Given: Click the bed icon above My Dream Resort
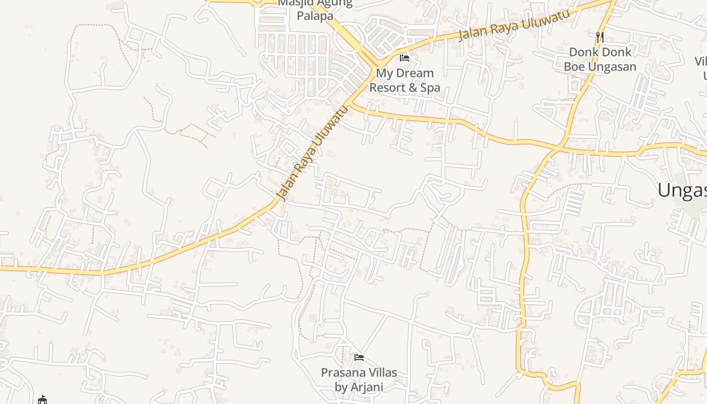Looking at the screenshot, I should click(x=405, y=58).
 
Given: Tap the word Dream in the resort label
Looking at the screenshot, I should click(x=415, y=73).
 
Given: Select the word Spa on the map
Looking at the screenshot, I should click(x=430, y=87).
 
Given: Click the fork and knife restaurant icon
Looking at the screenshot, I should click(x=600, y=37).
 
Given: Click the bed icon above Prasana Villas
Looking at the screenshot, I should click(x=359, y=358).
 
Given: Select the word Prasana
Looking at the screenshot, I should click(x=342, y=373).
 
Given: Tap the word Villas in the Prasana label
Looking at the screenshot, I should click(x=381, y=373).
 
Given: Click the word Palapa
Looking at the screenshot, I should click(x=315, y=16).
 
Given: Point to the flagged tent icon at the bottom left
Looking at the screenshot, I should click(x=42, y=400).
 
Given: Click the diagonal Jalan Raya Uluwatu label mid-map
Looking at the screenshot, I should click(x=313, y=153).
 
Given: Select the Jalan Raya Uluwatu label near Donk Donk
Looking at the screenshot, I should click(x=514, y=24).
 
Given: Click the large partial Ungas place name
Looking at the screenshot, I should click(x=682, y=190).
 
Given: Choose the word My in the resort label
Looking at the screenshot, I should click(x=384, y=73).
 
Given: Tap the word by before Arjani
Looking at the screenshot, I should click(x=341, y=387).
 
